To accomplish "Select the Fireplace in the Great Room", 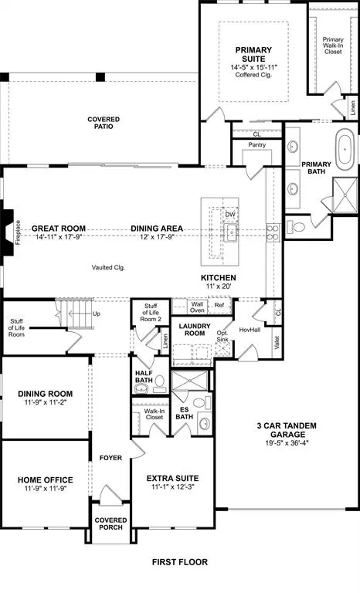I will [x=8, y=229].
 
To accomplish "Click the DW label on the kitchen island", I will [x=230, y=215].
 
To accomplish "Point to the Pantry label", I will [x=257, y=145].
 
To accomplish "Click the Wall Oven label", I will [x=197, y=307].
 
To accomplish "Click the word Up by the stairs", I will [x=96, y=314].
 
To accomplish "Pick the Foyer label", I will [x=110, y=458].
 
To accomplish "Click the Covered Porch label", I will [x=110, y=525].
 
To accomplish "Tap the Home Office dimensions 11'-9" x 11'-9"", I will [x=45, y=489].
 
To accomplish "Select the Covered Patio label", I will [x=104, y=122].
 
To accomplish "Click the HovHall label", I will [x=250, y=330].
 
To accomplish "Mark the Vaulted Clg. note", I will [x=108, y=268].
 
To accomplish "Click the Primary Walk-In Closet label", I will [x=333, y=46].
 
